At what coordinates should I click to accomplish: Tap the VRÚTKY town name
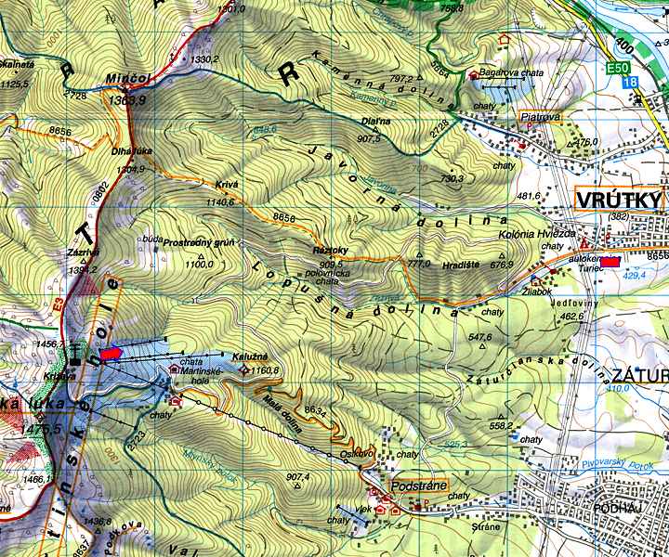pyautogui.click(x=618, y=201)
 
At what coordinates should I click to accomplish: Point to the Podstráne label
pyautogui.click(x=419, y=485)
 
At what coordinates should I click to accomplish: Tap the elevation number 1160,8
pyautogui.click(x=266, y=370)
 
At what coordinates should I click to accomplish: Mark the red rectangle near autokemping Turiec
pyautogui.click(x=610, y=263)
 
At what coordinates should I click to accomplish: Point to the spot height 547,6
pyautogui.click(x=480, y=337)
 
